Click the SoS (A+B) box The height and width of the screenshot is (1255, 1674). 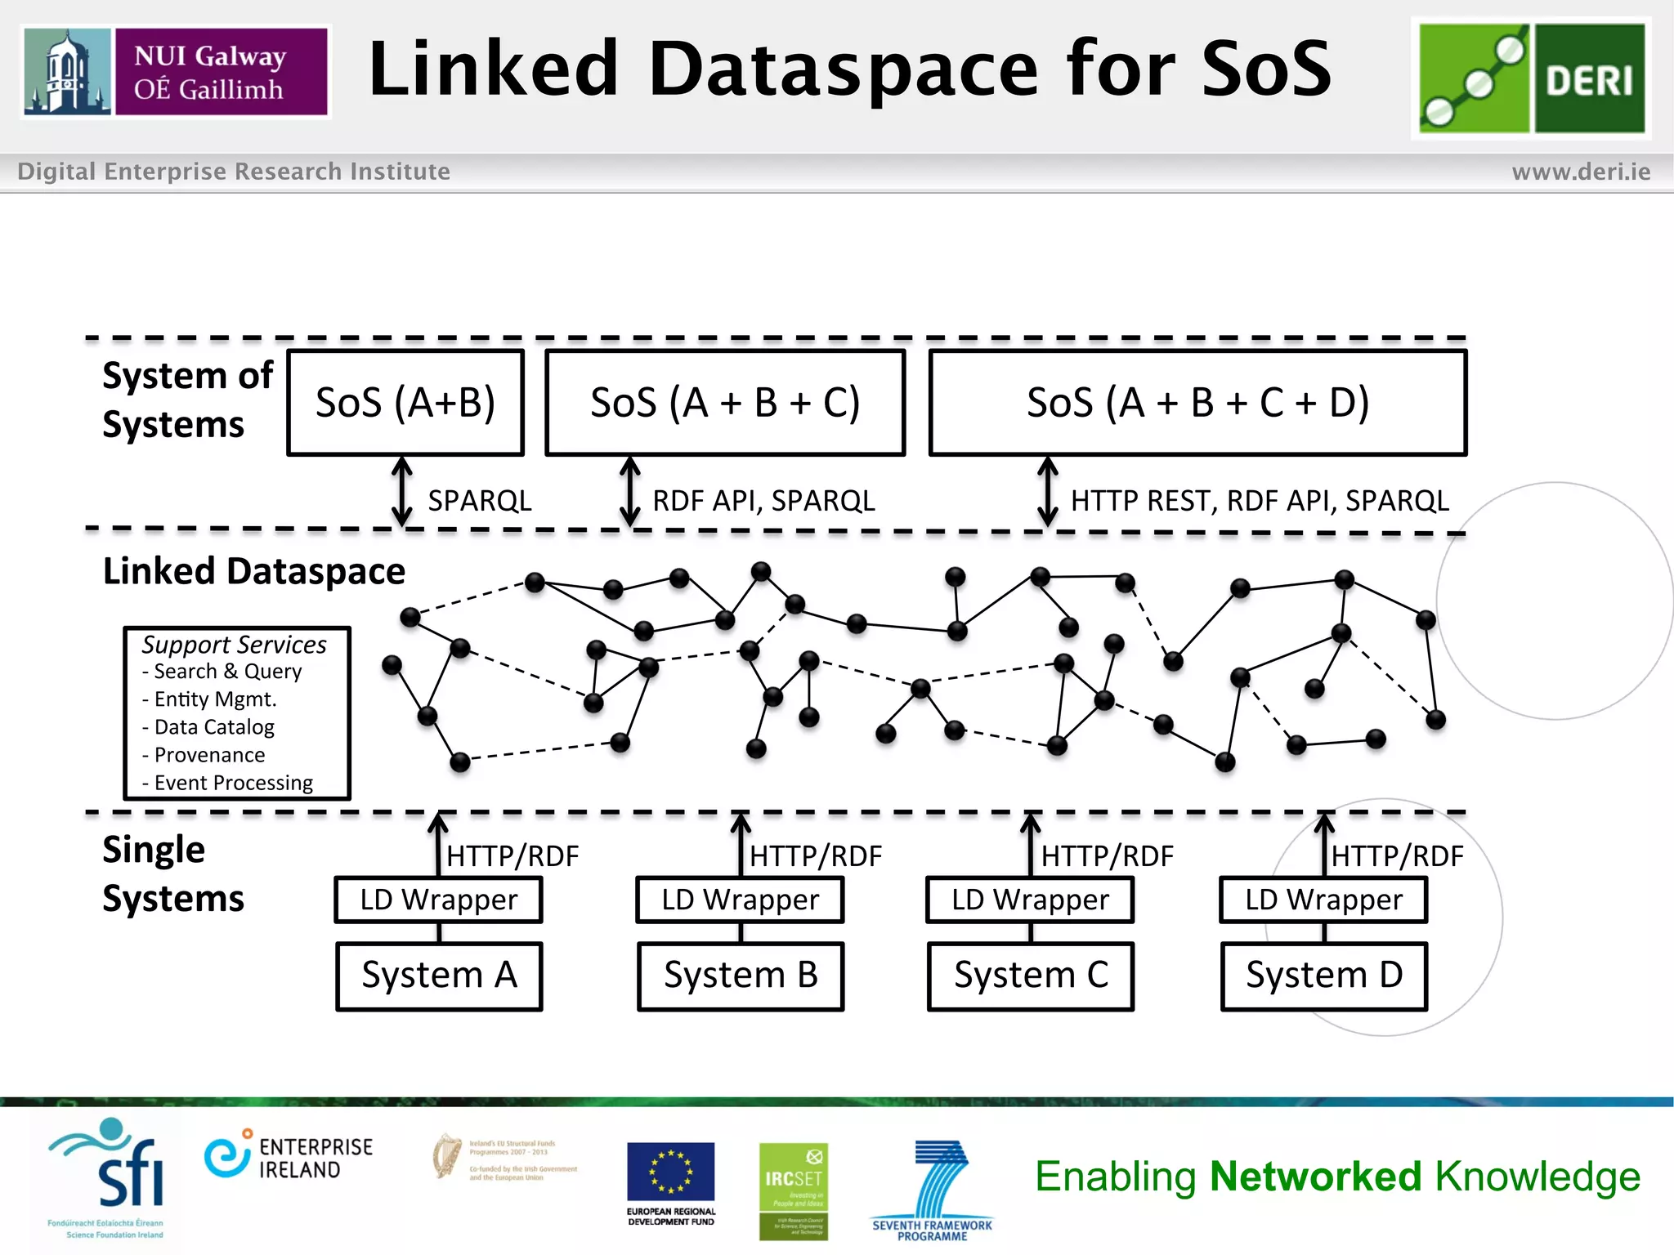point(405,403)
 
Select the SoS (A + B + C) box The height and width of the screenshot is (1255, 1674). point(725,403)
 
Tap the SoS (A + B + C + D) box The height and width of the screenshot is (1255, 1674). point(1197,403)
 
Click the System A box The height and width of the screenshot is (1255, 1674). point(439,976)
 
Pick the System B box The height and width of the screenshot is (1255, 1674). point(741,976)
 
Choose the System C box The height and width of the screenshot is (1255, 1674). point(1031,976)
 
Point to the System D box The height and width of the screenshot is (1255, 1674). point(1324,976)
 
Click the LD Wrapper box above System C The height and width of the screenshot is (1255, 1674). point(1030,900)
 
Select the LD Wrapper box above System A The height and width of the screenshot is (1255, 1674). point(439,900)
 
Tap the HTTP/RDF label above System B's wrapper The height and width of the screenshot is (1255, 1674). point(816,856)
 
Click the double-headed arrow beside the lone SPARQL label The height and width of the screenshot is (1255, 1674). point(401,492)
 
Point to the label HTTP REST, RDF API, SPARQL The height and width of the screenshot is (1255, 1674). point(1260,501)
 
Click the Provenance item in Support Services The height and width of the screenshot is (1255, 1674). point(209,755)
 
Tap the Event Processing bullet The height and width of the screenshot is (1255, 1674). point(233,783)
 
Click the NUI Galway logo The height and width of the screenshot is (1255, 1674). point(176,72)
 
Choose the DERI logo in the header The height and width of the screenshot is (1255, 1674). point(1531,78)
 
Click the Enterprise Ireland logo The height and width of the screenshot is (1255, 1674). point(289,1158)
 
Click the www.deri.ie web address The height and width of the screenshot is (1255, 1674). point(1581,172)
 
